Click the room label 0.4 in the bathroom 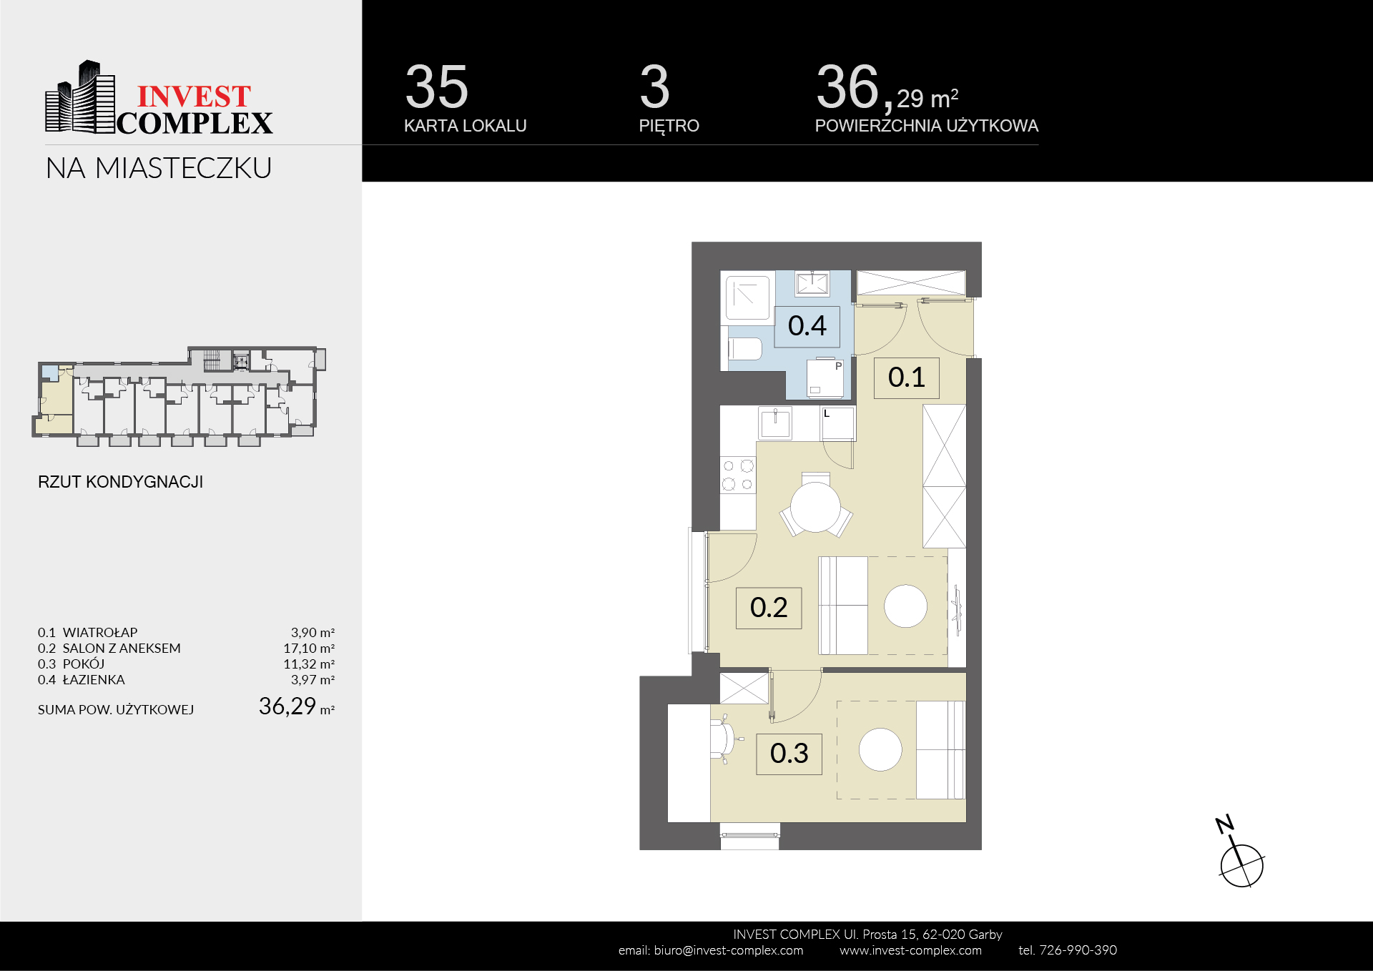(807, 326)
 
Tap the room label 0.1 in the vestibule (906, 378)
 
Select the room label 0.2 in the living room (769, 608)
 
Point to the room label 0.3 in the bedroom (789, 754)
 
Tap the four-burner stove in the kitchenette (738, 475)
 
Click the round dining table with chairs (815, 505)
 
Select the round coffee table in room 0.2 (905, 606)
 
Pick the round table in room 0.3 (880, 749)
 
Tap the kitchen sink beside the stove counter (775, 423)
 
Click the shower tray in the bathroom (747, 297)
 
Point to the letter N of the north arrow (1224, 824)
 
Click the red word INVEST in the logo (194, 97)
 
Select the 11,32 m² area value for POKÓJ (309, 664)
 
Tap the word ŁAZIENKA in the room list (94, 680)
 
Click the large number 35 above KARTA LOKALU (436, 87)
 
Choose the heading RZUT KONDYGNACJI (120, 482)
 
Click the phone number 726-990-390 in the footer (1078, 950)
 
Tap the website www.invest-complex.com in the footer (910, 950)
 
